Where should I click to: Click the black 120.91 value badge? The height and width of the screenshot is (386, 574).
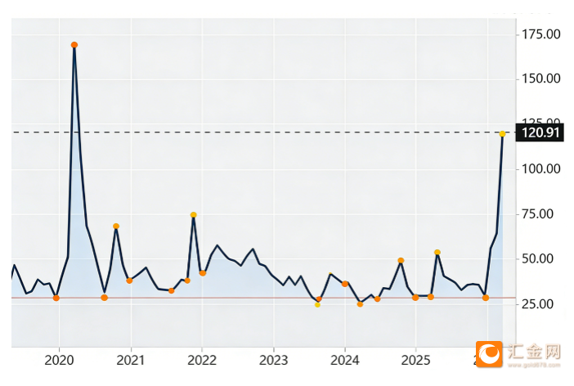(x=542, y=132)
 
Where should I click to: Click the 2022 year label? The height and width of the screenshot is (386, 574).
(x=202, y=360)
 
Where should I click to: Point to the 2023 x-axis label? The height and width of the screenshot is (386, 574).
(x=274, y=360)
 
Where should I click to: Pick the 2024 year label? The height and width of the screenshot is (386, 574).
(x=345, y=360)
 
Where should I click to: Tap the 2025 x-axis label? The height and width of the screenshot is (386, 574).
(x=416, y=360)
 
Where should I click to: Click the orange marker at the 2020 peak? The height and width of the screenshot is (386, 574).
(x=74, y=45)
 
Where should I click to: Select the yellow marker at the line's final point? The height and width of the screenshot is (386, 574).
(x=502, y=133)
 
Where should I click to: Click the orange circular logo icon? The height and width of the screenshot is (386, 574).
(x=491, y=353)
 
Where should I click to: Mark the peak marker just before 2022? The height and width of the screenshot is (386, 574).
(x=194, y=215)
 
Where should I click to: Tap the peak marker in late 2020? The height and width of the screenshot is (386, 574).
(x=116, y=227)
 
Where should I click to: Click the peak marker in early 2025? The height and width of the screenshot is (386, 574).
(x=437, y=253)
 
